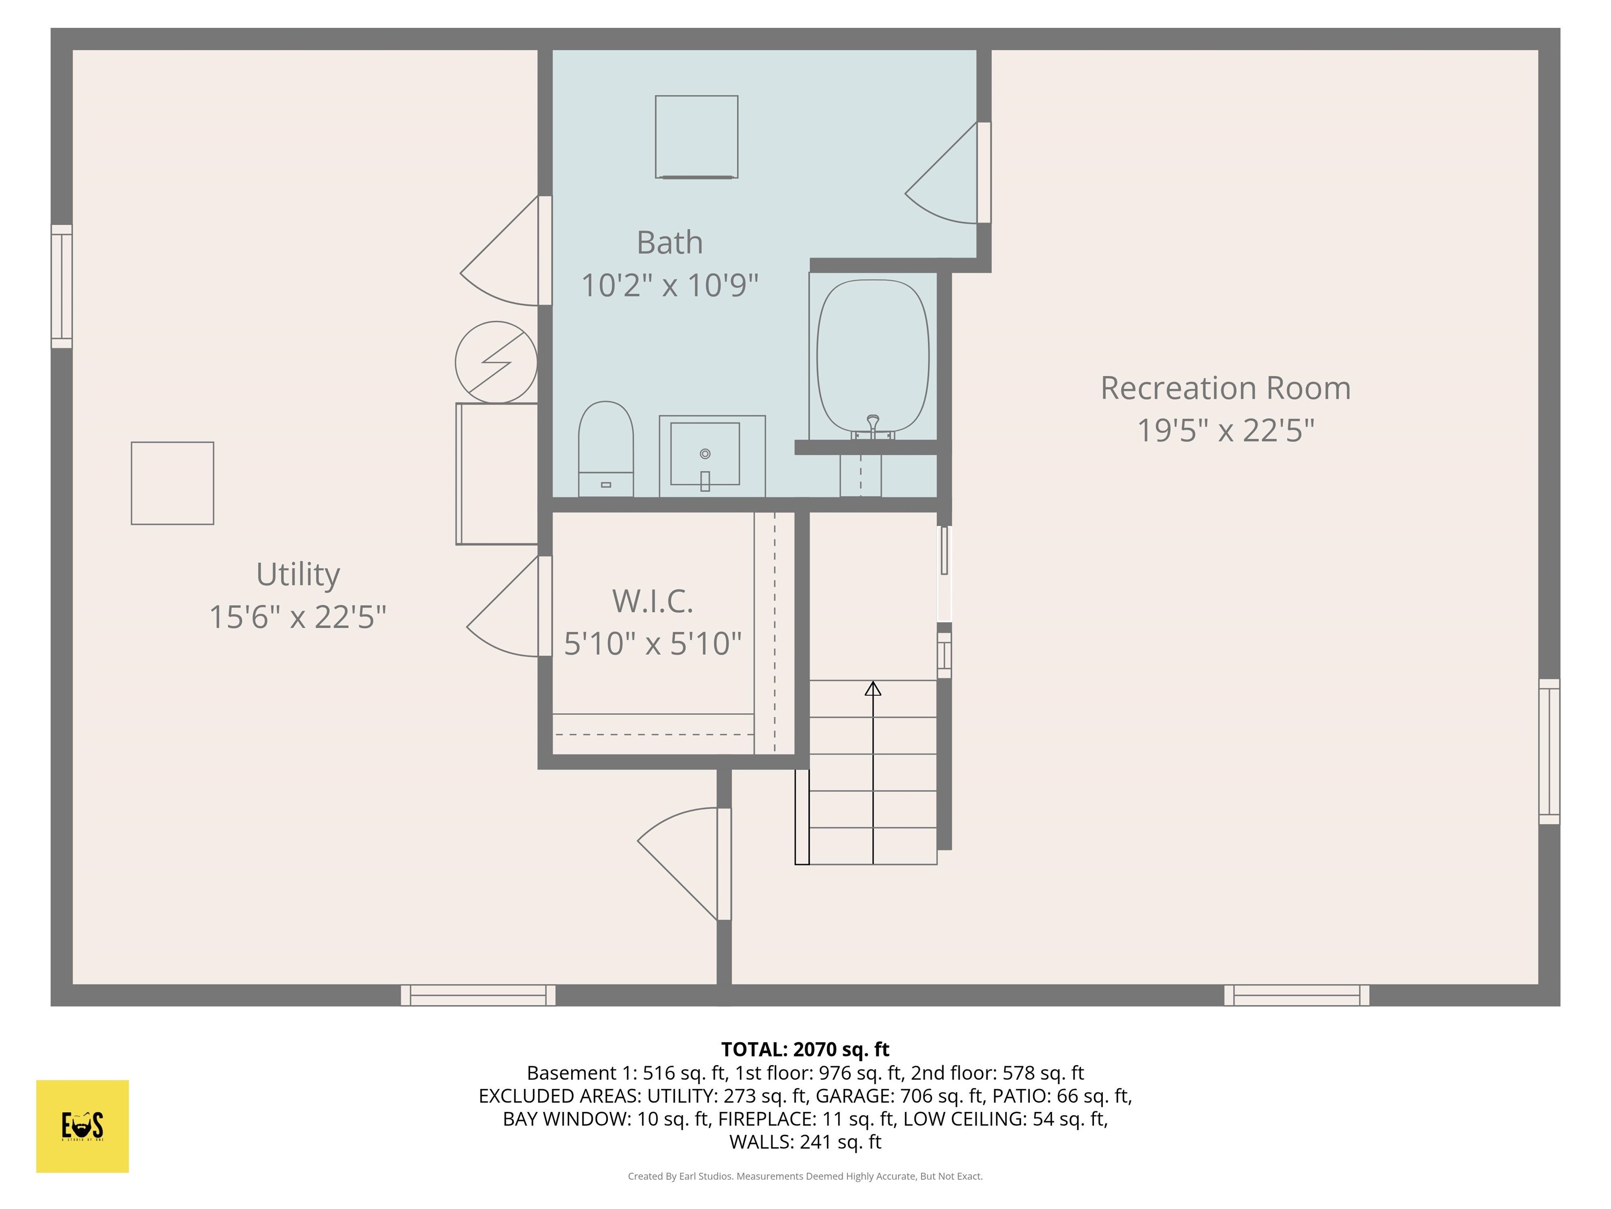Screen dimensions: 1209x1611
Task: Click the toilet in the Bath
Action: click(605, 448)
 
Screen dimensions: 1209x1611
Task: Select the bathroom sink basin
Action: click(705, 454)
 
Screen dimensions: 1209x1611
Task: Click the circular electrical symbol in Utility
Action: click(496, 362)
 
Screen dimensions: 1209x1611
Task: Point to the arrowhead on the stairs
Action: click(873, 688)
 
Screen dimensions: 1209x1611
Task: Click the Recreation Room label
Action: click(1225, 388)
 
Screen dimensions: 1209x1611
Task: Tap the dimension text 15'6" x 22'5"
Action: click(297, 617)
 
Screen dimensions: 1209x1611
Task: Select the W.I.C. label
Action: click(652, 601)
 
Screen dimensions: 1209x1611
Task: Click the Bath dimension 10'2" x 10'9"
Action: click(669, 284)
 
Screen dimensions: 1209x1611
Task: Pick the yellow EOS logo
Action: click(82, 1126)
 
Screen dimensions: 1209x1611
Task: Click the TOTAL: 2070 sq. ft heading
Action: click(805, 1049)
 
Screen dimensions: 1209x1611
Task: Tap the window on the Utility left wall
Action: click(62, 287)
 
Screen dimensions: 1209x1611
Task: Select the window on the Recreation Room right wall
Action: click(1549, 751)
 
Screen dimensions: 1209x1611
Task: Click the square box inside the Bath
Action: click(696, 136)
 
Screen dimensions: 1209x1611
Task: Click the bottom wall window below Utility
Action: click(478, 995)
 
